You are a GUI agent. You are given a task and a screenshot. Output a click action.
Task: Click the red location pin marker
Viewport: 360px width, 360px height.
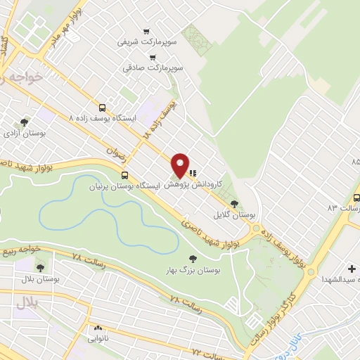pyautogui.click(x=181, y=165)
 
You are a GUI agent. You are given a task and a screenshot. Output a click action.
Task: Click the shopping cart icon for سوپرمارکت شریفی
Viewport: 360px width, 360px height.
pyautogui.click(x=146, y=31)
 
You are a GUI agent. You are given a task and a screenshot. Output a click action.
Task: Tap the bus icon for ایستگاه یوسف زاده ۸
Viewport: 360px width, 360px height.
pyautogui.click(x=103, y=108)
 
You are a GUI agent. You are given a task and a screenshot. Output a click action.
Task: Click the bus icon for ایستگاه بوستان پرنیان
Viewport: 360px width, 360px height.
pyautogui.click(x=124, y=176)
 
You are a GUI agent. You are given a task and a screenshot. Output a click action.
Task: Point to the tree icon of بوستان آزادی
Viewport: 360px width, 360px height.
pyautogui.click(x=24, y=122)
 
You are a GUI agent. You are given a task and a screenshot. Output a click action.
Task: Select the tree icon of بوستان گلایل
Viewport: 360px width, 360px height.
pyautogui.click(x=244, y=203)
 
